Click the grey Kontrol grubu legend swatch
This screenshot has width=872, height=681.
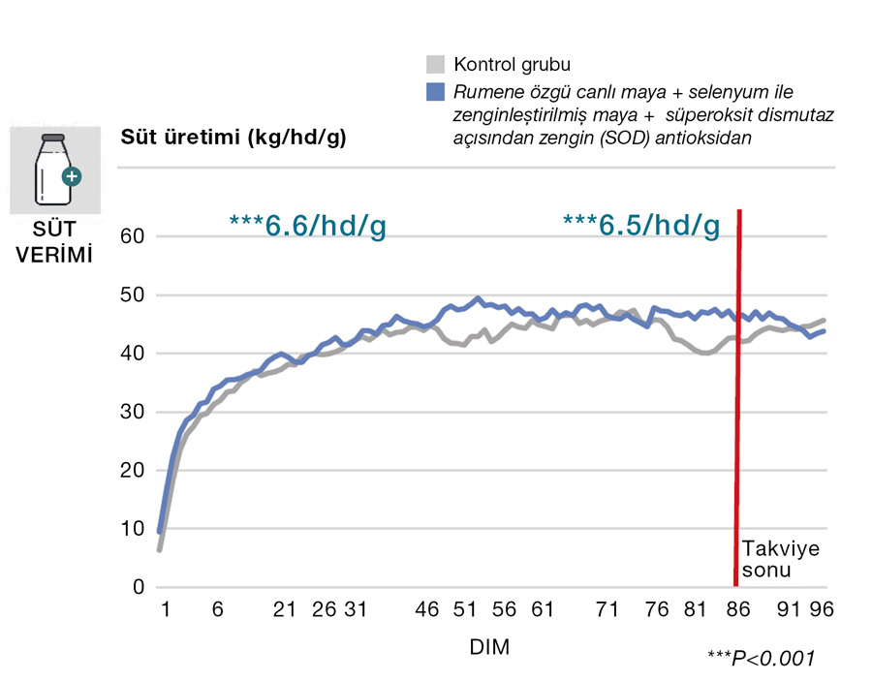pos(434,65)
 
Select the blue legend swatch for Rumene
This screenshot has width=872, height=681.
pos(434,92)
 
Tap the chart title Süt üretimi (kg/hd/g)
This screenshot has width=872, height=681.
pos(233,137)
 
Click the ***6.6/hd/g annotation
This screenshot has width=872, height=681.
pos(307,225)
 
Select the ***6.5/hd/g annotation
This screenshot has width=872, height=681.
pos(640,225)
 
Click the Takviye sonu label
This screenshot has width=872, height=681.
pos(780,560)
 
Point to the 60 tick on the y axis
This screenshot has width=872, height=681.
pos(132,236)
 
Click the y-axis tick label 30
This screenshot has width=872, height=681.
pos(132,412)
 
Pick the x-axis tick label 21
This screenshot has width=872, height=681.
pos(284,610)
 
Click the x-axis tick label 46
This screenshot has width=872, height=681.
pos(427,610)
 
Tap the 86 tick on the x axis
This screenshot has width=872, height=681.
pos(738,610)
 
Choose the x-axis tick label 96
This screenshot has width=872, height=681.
pos(822,610)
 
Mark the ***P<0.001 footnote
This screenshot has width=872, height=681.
pos(761,659)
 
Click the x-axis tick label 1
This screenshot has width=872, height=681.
pos(166,610)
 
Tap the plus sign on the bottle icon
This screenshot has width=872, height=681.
pos(72,177)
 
